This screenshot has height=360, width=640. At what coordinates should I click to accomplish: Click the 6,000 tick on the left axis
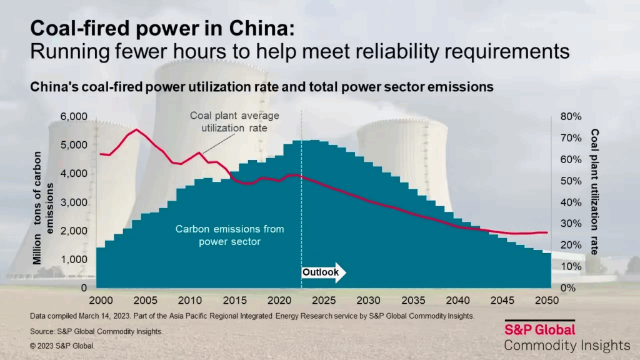74,117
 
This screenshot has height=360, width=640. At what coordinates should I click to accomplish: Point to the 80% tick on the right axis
571,117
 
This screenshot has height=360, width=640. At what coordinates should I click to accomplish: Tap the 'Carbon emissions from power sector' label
229,235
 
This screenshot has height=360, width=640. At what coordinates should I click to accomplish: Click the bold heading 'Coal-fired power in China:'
162,29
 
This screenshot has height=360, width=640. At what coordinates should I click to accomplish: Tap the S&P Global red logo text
539,329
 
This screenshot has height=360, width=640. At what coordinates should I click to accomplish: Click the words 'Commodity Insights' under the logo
567,346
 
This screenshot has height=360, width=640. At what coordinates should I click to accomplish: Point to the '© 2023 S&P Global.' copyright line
62,346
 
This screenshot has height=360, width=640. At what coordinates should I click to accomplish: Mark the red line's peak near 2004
136,129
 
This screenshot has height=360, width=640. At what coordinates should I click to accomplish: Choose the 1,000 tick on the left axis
74,259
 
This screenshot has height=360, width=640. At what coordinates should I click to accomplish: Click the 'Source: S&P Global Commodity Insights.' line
96,331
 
